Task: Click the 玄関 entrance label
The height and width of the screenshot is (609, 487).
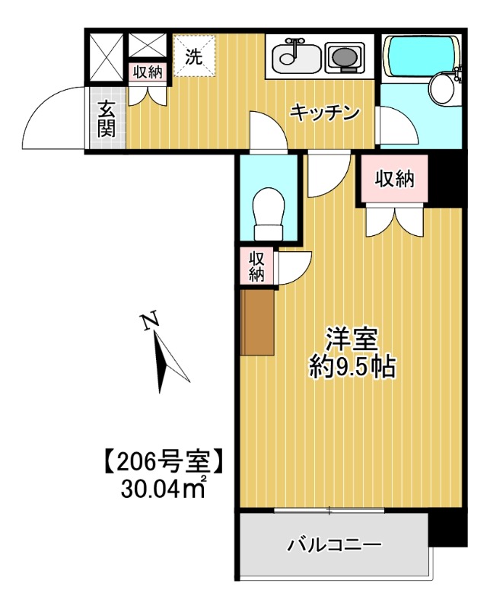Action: point(107,120)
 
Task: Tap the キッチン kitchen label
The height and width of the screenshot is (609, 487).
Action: point(324,113)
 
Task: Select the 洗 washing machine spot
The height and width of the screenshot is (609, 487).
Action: point(194,56)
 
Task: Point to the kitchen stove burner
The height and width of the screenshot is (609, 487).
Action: point(345,56)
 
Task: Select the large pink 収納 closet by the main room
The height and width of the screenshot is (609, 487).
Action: point(394,180)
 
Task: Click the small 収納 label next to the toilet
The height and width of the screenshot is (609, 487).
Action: point(256,266)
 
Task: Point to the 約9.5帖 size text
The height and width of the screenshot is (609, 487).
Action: point(352,368)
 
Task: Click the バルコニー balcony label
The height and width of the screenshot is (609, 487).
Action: point(333,545)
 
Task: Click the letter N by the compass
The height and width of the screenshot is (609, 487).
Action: point(150,323)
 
